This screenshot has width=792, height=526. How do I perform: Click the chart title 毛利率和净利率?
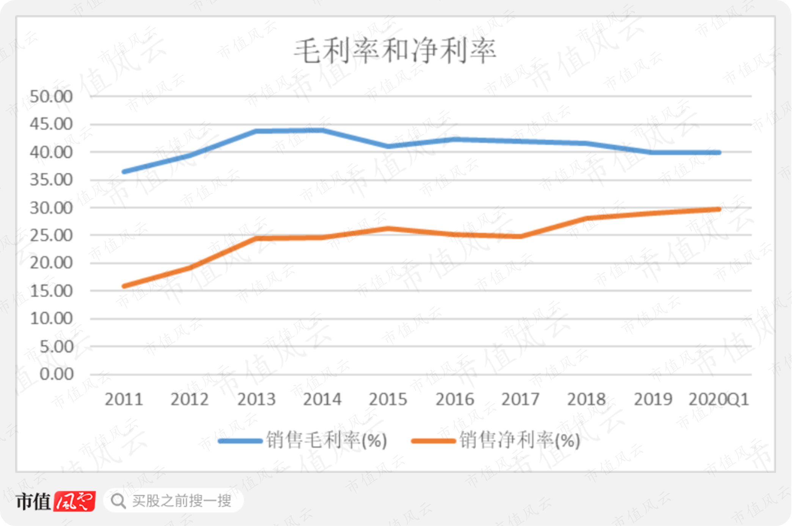[x=395, y=51]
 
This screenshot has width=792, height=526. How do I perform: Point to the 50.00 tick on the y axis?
[x=51, y=96]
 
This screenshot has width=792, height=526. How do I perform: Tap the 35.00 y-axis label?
[x=51, y=180]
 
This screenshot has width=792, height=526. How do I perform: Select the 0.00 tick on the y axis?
[x=57, y=374]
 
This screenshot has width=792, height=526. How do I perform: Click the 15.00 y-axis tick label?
[x=51, y=291]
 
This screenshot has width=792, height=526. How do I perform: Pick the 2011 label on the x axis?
[x=124, y=399]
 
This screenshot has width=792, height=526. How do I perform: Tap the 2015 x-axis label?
[x=388, y=399]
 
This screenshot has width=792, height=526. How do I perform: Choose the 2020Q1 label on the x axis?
[x=719, y=399]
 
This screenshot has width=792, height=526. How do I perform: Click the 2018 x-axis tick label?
[x=586, y=399]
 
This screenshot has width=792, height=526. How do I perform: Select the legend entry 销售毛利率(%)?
[x=303, y=440]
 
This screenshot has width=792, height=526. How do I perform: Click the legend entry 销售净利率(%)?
[x=496, y=440]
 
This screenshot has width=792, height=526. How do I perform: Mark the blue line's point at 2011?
[x=124, y=172]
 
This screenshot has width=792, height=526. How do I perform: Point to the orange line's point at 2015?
[x=388, y=228]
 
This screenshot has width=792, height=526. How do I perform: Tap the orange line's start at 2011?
[x=124, y=286]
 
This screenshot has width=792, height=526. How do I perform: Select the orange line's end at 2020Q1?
[x=719, y=209]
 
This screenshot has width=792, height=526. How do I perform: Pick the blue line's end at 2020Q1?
[x=719, y=153]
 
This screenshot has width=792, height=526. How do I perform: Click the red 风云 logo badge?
[x=74, y=501]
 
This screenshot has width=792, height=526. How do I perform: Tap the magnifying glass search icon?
[x=118, y=501]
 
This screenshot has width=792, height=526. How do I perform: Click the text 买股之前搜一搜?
[x=182, y=501]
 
